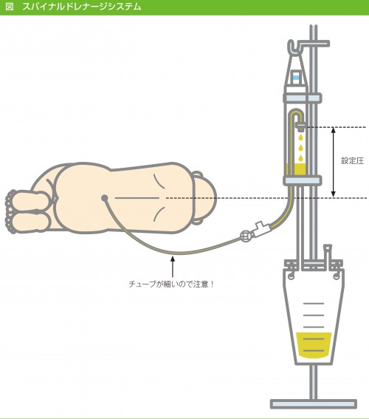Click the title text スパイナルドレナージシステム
click(x=82, y=7)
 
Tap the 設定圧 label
click(x=353, y=160)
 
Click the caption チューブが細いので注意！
click(x=171, y=284)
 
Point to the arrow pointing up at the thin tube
click(x=173, y=267)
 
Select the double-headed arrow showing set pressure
click(x=333, y=162)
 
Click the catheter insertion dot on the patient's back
click(x=105, y=198)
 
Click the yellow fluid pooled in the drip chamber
click(x=296, y=169)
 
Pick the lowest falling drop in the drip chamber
click(x=301, y=158)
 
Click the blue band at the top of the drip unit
click(x=296, y=78)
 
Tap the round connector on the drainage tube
click(x=246, y=236)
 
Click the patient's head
click(x=204, y=198)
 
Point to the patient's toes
click(x=10, y=211)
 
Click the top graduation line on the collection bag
click(x=314, y=304)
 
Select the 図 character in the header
click(x=10, y=7)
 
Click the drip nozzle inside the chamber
click(x=300, y=126)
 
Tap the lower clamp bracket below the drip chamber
click(x=303, y=180)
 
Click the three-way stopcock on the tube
click(x=262, y=228)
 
